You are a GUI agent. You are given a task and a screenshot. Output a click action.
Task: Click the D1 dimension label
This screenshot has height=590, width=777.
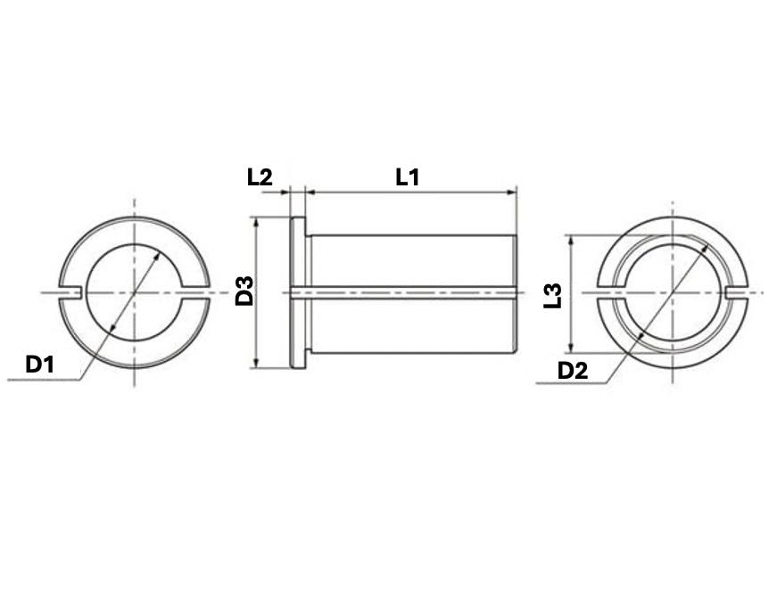pos(40,365)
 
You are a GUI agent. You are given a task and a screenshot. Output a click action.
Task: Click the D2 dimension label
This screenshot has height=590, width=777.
pos(572,370)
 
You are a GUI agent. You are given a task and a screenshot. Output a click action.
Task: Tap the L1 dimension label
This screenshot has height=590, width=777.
pos(408,177)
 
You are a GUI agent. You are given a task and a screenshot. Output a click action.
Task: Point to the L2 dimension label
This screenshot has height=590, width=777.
pos(259,177)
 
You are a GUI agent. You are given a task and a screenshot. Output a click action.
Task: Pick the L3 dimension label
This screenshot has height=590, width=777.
pos(553,294)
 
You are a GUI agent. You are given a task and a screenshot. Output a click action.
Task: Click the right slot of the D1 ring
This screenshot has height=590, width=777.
pos(197,292)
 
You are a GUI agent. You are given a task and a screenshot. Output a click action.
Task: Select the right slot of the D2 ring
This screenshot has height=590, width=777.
pos(736,292)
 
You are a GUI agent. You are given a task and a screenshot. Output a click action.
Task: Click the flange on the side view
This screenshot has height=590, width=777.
pos(298,291)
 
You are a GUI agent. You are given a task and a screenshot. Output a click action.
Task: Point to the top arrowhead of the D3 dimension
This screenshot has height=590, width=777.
pos(257,223)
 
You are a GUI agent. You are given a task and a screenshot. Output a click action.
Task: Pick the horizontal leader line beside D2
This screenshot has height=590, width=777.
pos(571,384)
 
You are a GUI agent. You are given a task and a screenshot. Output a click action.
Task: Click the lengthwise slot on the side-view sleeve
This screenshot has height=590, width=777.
pos(410,291)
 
